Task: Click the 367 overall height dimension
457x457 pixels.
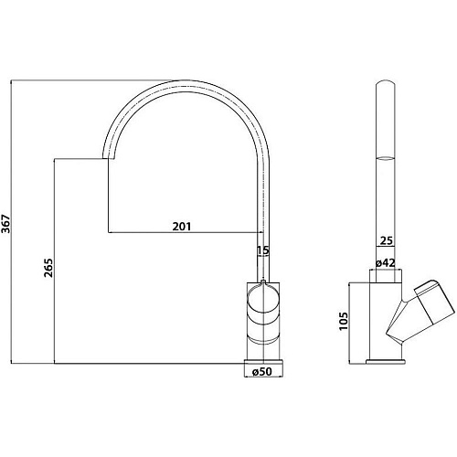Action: [5, 224]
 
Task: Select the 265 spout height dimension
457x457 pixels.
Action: [48, 268]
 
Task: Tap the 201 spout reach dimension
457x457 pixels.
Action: [182, 227]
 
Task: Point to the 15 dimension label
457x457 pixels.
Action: [263, 250]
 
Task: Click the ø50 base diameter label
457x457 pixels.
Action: [262, 371]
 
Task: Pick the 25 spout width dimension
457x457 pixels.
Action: [387, 240]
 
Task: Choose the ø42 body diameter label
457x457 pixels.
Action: [385, 262]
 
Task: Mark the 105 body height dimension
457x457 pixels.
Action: [344, 321]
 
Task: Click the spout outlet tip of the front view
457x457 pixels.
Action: [108, 158]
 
